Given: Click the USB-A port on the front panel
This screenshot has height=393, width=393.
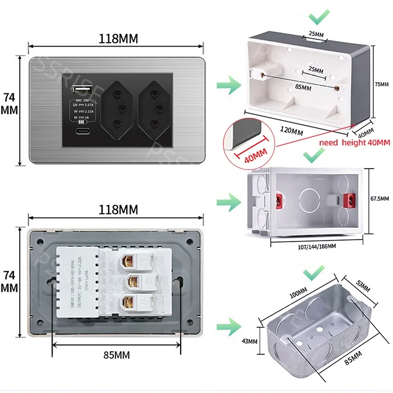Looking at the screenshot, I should [x=79, y=89].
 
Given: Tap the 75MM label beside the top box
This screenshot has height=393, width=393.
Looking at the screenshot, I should [x=381, y=84].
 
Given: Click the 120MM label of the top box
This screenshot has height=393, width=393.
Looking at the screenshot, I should [x=291, y=131].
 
